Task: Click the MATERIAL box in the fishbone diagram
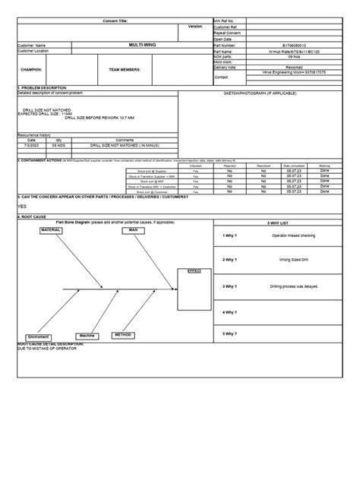pos(51,229)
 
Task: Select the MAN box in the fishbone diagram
pos(133,229)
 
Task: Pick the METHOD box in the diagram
pos(123,334)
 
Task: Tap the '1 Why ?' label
pos(230,235)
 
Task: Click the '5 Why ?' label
pos(230,333)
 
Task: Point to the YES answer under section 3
pos(22,206)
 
